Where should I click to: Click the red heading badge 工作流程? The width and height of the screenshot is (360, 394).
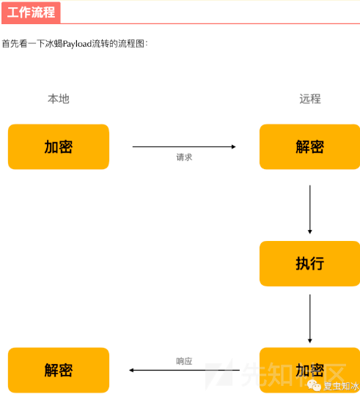click(x=31, y=12)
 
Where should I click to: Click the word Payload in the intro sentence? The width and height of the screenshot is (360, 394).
click(x=77, y=44)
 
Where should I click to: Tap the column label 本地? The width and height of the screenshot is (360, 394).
click(x=59, y=99)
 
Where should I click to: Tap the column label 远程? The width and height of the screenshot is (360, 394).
click(x=310, y=99)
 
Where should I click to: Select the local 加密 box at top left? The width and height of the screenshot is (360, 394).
click(x=59, y=146)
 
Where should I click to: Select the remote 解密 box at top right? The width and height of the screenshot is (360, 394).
click(x=310, y=146)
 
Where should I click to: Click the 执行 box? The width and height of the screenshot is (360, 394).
click(x=310, y=264)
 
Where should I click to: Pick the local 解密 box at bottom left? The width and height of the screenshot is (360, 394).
click(x=59, y=370)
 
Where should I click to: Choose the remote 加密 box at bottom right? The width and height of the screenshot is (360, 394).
click(x=310, y=370)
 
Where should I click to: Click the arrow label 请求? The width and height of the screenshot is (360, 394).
click(x=184, y=157)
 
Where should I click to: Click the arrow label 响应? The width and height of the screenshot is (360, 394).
click(x=184, y=361)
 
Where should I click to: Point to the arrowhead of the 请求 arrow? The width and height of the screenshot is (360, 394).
click(x=234, y=146)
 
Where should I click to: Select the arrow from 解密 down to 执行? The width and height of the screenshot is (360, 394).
click(x=310, y=209)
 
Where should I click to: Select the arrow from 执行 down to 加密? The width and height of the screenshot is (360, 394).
click(x=310, y=319)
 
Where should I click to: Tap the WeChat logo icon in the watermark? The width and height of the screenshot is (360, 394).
click(x=314, y=385)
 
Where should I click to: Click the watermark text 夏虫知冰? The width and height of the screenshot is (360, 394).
click(x=341, y=386)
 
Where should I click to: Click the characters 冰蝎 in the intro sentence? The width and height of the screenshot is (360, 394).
click(x=54, y=44)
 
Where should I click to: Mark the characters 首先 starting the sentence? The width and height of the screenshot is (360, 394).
click(x=10, y=44)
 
